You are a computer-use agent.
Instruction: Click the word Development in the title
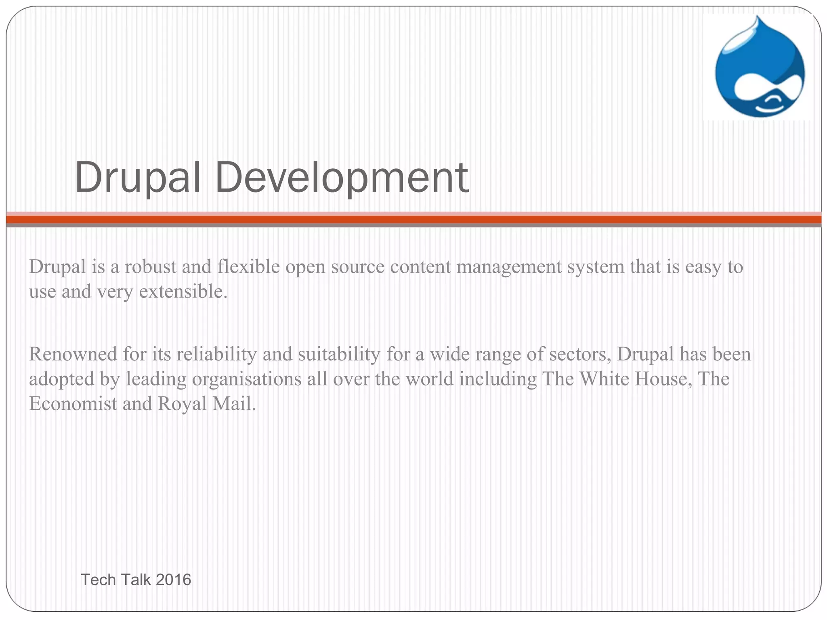click(341, 178)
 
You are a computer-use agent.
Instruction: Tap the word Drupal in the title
click(138, 178)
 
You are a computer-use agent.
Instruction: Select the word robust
click(151, 267)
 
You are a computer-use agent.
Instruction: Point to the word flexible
click(248, 267)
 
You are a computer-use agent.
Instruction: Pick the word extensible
click(183, 291)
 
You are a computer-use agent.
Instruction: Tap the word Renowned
click(73, 354)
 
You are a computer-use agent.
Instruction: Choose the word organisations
click(247, 379)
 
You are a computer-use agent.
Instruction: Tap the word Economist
click(73, 404)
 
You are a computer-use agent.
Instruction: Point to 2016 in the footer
click(173, 580)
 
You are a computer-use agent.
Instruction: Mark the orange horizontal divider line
click(413, 220)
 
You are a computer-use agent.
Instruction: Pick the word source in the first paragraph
click(358, 267)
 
